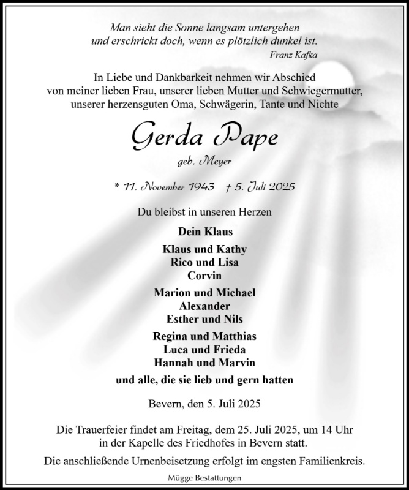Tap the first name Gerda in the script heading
[160, 138]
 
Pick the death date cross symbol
[228, 187]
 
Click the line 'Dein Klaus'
[204, 232]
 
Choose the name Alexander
[204, 306]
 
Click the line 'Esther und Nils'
[204, 318]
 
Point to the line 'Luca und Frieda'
[204, 349]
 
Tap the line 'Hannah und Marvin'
[204, 362]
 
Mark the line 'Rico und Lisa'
[204, 262]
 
